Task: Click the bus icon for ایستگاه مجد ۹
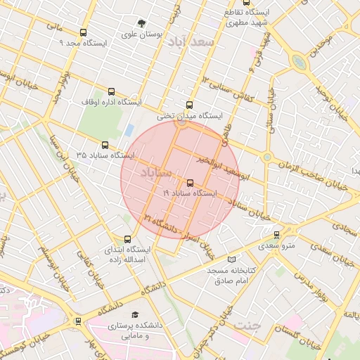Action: point(84,32)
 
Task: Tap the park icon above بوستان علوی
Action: point(142,23)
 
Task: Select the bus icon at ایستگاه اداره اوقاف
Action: point(111,91)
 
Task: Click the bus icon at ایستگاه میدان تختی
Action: point(188,105)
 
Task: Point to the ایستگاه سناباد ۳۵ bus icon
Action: point(105,145)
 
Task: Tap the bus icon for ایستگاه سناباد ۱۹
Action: point(190,183)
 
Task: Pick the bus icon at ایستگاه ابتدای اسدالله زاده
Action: point(127,239)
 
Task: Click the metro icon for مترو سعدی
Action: point(276,235)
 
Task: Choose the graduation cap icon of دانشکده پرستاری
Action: point(135,315)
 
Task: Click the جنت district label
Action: point(246,326)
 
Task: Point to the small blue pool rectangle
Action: point(129,130)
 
